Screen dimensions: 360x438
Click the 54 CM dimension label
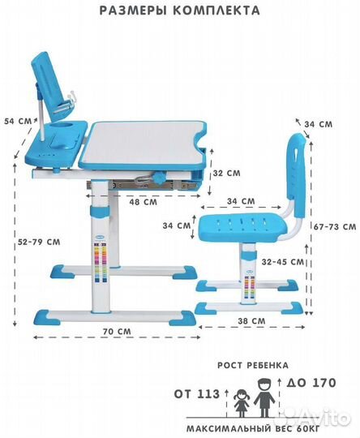click(19, 122)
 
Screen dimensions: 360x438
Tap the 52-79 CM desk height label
click(39, 242)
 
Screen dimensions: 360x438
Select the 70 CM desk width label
click(117, 332)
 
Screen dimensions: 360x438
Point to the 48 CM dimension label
click(143, 202)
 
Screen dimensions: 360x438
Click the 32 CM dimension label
click(226, 174)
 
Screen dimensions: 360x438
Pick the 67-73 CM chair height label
click(335, 226)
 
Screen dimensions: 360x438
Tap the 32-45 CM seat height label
click(283, 262)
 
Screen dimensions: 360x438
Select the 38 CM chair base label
click(251, 321)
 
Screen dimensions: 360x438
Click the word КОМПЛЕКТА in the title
click(216, 11)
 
